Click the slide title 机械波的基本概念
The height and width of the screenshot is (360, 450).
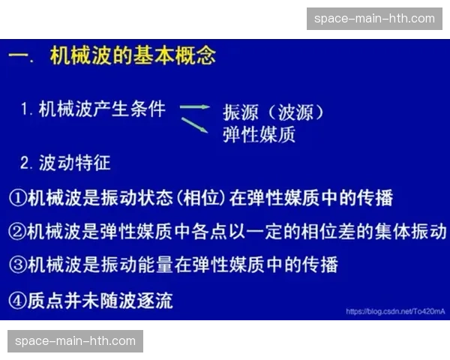point(133,55)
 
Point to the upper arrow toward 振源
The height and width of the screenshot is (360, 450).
point(194,106)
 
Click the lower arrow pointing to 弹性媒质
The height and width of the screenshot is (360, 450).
point(194,125)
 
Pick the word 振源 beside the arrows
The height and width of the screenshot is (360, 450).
point(239,112)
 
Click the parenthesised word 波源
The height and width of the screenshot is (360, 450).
point(294,112)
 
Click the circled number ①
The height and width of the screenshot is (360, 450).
point(17,198)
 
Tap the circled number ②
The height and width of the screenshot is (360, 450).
point(17,231)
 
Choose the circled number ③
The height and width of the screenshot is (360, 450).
point(17,264)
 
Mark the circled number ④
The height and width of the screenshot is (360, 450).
point(17,301)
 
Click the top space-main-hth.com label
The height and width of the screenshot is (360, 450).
point(375,18)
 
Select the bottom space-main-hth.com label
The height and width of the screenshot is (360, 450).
point(75,341)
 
